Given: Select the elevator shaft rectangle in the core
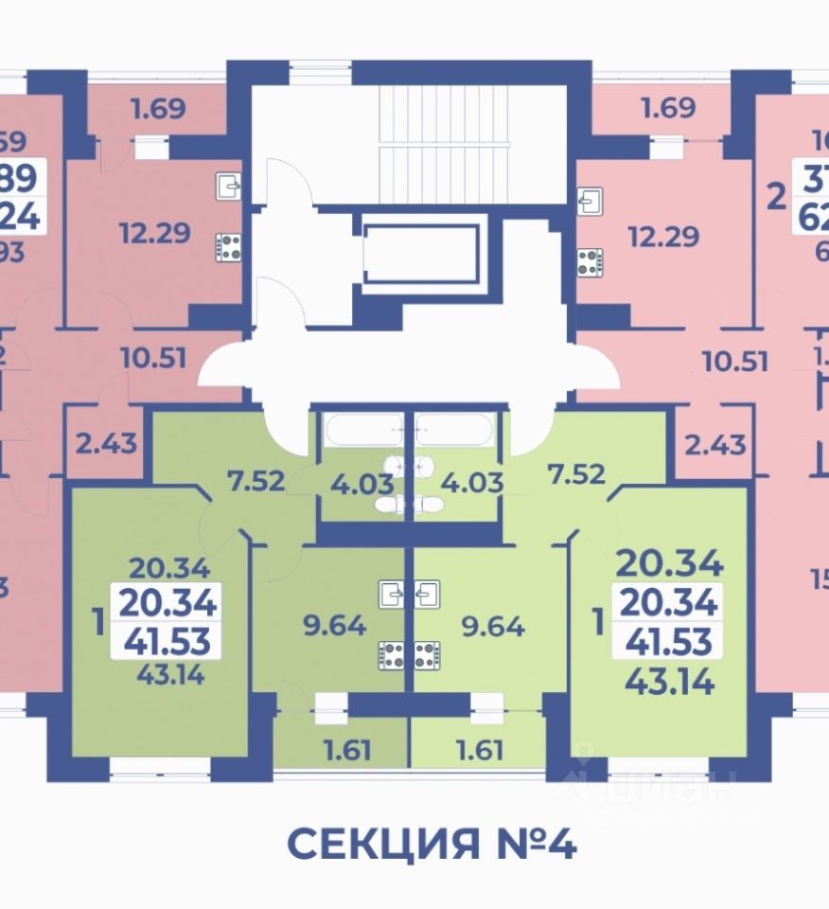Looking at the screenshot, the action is [x=421, y=253].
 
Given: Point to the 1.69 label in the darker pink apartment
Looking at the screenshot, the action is [x=157, y=109].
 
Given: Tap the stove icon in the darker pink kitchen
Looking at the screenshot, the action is [x=228, y=248].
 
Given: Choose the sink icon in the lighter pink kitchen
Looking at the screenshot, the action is [x=589, y=201].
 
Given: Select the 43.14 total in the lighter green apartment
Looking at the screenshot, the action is [x=669, y=679].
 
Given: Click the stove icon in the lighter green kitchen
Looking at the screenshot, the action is [x=426, y=652].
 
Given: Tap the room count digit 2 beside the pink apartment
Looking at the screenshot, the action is [x=776, y=199].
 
